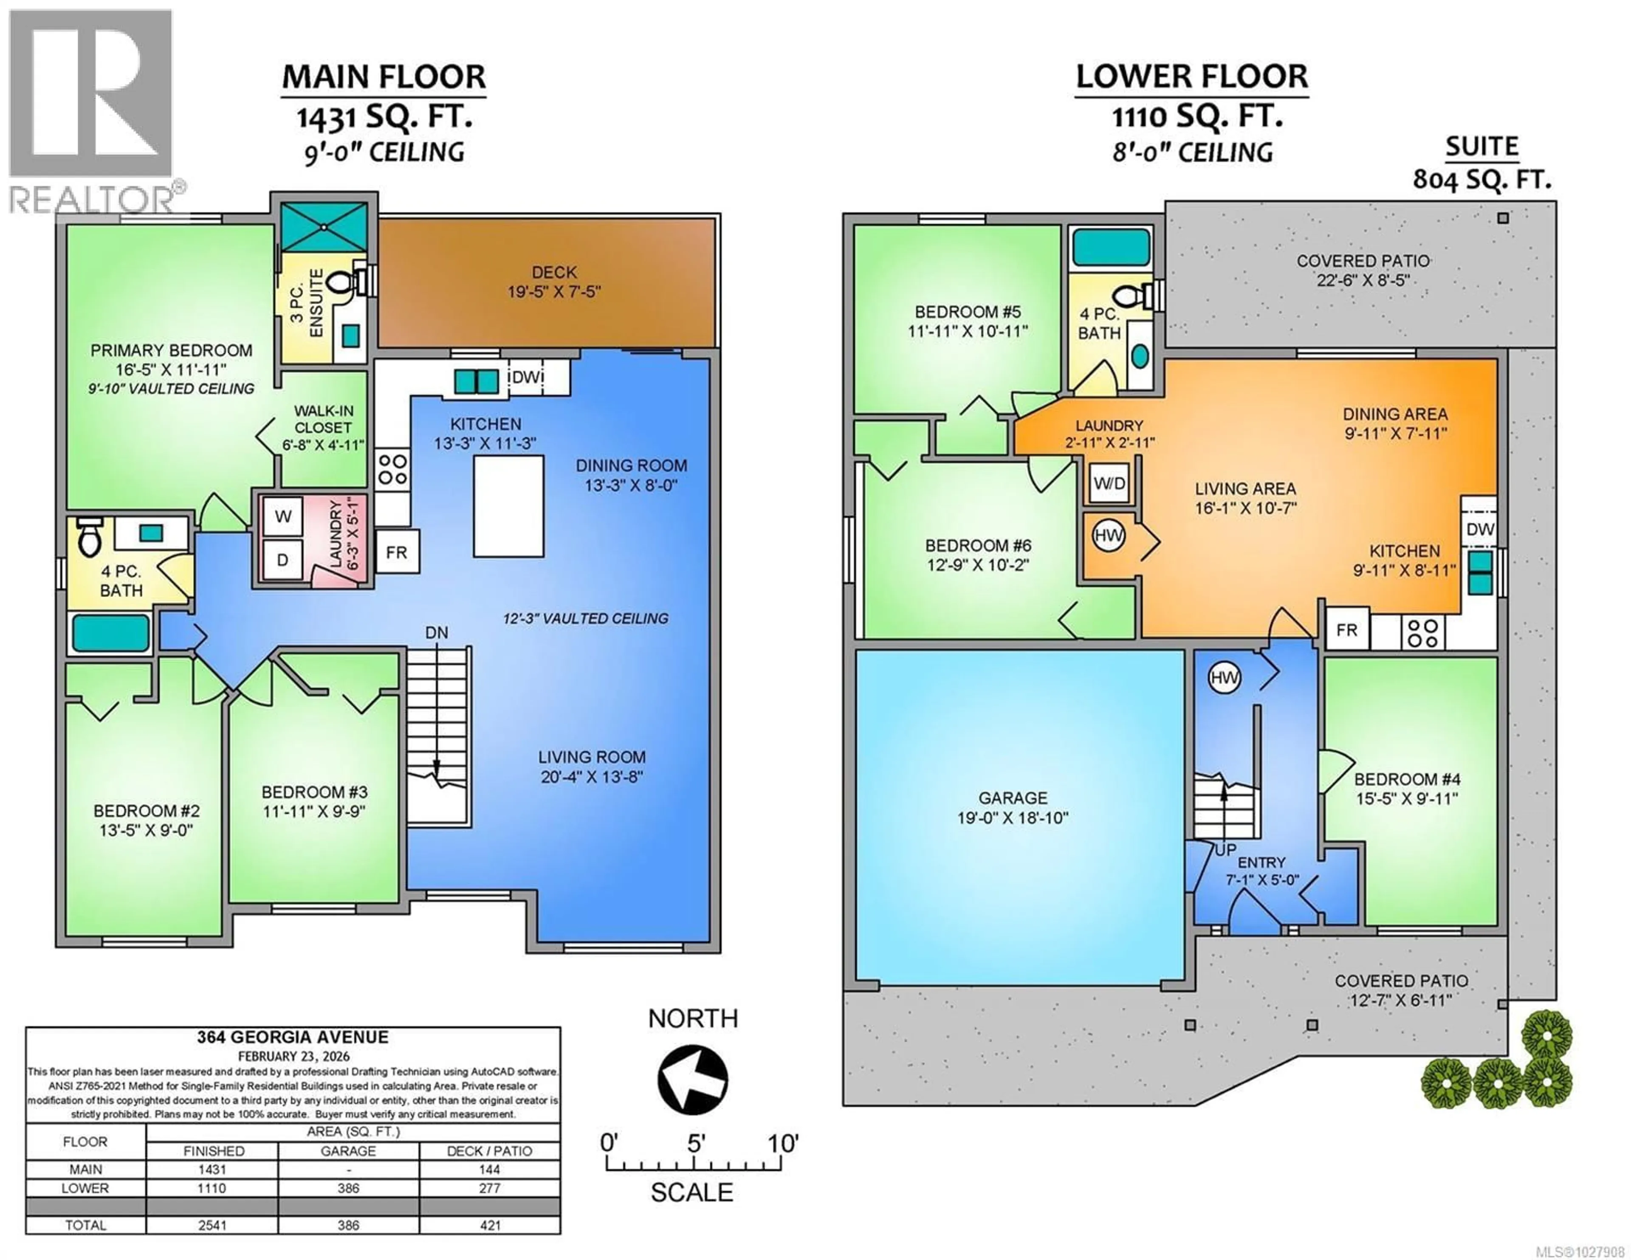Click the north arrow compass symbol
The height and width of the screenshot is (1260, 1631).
(692, 1079)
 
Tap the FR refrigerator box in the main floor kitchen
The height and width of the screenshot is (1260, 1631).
(397, 552)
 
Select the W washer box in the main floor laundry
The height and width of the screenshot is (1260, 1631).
(283, 516)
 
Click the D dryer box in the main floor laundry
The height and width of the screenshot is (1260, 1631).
(283, 559)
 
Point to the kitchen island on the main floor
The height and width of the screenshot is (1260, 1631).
(508, 506)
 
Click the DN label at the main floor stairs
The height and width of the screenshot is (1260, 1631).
(437, 633)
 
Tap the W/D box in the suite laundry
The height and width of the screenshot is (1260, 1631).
(1109, 483)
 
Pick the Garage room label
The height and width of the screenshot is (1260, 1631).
(1013, 807)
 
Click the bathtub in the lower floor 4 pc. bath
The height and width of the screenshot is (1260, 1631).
(1111, 247)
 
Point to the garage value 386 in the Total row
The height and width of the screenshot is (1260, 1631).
(348, 1225)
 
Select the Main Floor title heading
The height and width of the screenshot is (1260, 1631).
(384, 77)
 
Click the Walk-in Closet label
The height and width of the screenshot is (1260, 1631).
(323, 427)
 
